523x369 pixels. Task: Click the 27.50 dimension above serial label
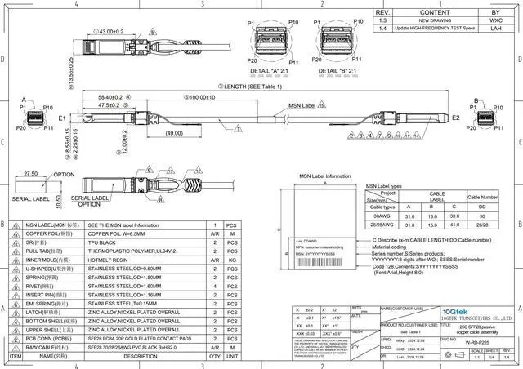[x=32, y=174]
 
